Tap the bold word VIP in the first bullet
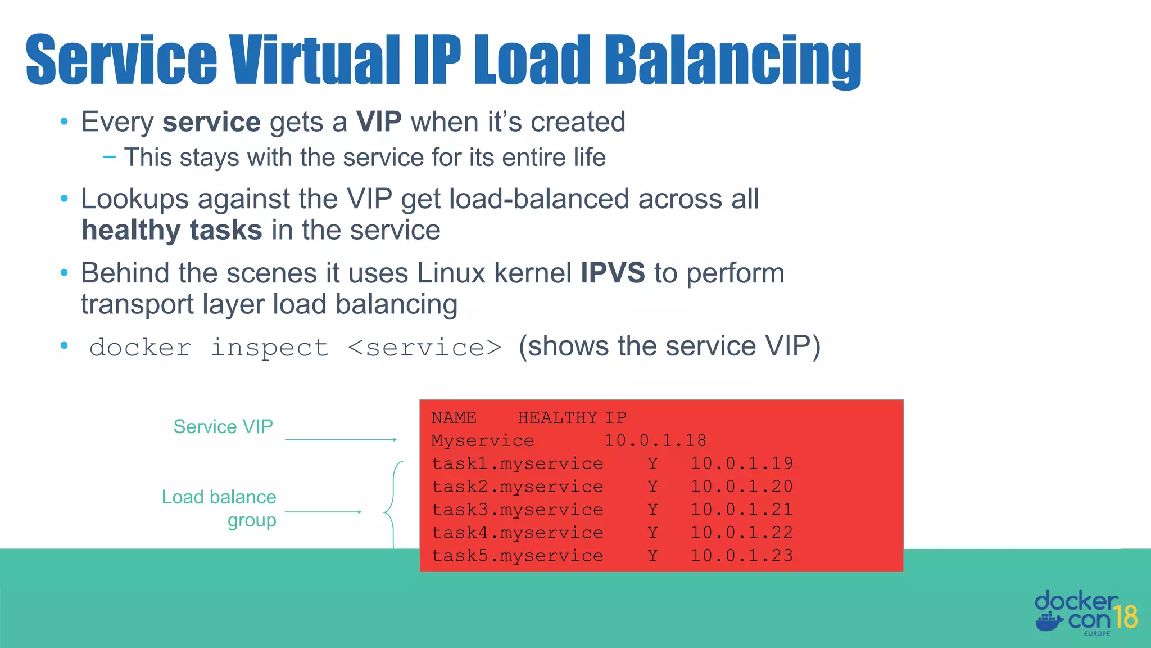pos(379,121)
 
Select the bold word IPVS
pos(613,273)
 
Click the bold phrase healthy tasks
pos(171,230)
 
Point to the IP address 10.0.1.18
pos(655,440)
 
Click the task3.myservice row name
pos(517,510)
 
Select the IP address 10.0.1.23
pos(741,556)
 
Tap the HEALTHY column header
pos(557,417)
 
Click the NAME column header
pos(454,417)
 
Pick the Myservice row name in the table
pos(482,440)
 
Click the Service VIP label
pos(223,427)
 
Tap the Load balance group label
pos(220,508)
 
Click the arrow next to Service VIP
pos(341,440)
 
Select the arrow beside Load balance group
pos(323,512)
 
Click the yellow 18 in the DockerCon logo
pos(1126,617)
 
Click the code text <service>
pos(424,348)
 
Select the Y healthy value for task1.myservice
pos(652,463)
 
